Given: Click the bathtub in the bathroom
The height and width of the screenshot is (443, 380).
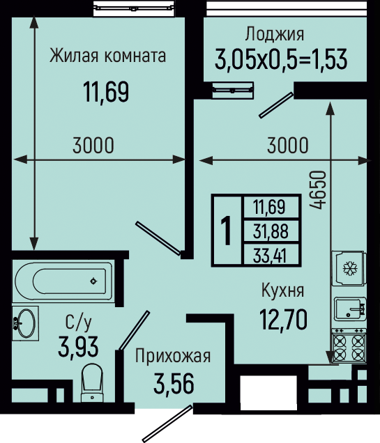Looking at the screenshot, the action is coord(63,281).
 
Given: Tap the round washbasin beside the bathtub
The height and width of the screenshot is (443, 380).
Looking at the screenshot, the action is coord(25,323).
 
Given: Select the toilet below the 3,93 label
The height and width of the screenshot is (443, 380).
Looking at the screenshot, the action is coord(91,382).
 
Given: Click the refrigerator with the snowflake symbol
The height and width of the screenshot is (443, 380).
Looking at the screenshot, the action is coord(349,268).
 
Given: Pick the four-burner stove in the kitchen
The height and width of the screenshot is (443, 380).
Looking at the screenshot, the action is coord(349,345).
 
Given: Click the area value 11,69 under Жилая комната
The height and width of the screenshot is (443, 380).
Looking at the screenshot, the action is coord(106,91).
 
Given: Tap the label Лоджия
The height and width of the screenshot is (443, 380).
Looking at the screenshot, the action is coord(275,34).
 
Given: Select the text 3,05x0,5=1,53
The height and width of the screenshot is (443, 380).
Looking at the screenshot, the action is coord(281,59).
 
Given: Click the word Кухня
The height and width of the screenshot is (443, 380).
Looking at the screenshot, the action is coord(282,290).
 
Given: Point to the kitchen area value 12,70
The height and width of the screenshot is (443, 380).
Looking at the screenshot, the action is coord(284,319).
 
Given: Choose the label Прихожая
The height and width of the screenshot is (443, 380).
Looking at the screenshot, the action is coord(173,355).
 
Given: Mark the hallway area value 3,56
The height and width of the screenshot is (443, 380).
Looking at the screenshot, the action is coord(174,383).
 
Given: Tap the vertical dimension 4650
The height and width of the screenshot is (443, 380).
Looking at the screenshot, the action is coord(317,190).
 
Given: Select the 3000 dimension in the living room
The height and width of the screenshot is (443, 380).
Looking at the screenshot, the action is coord(93,145).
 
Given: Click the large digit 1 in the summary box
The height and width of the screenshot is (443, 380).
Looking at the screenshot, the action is coord(227,231).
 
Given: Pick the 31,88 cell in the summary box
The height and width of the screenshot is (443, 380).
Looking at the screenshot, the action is coord(271,231).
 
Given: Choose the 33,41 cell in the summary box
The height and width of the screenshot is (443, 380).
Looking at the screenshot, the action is coord(271,254).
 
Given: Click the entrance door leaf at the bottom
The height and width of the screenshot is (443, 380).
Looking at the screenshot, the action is coord(167,423).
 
